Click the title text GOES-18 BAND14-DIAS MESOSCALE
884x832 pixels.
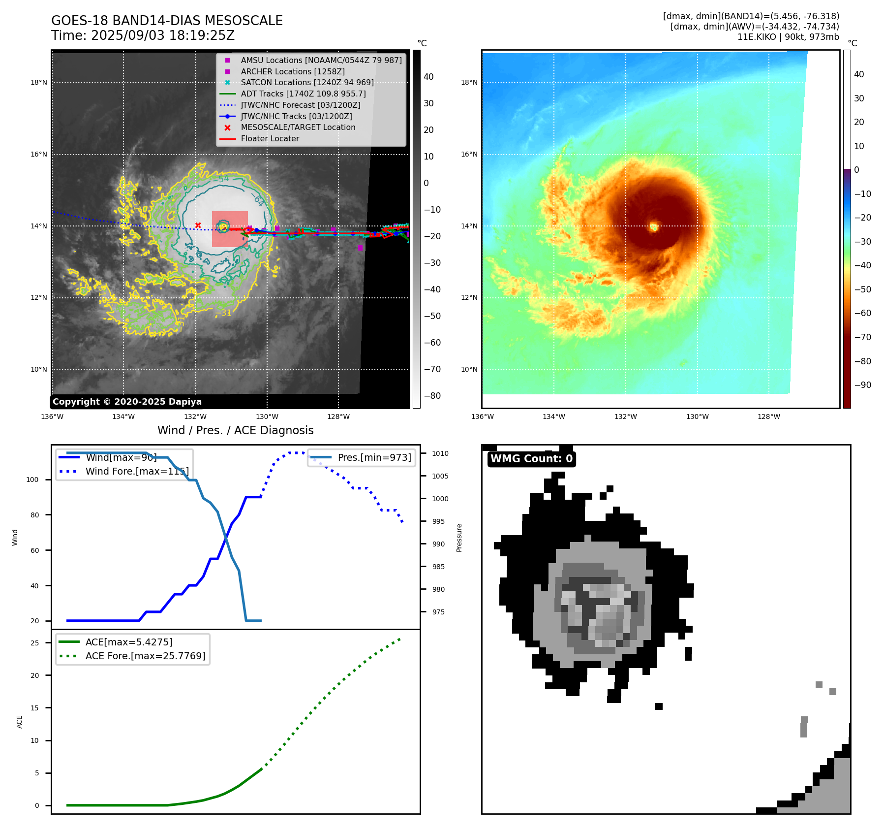pos(167,21)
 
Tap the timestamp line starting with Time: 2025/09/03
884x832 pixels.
pos(143,36)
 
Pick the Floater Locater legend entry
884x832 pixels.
pos(270,138)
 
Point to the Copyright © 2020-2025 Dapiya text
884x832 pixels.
pos(127,402)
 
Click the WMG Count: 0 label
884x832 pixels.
pos(531,459)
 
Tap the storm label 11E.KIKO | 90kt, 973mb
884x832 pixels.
pos(788,37)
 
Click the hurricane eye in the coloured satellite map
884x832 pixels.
pos(654,227)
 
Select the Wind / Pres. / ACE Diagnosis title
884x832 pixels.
pos(235,430)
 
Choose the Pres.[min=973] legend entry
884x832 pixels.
pos(374,457)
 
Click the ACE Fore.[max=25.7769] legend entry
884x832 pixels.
pos(145,656)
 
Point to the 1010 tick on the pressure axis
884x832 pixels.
pos(440,453)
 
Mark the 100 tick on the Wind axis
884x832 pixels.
pos(32,480)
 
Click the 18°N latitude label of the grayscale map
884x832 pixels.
pos(39,82)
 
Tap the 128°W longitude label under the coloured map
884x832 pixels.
pos(768,416)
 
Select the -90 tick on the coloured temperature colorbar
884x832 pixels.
pos(862,385)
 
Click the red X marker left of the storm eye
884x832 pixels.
pos(198,225)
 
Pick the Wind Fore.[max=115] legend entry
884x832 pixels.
pos(137,471)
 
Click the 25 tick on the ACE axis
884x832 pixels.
pos(34,643)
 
